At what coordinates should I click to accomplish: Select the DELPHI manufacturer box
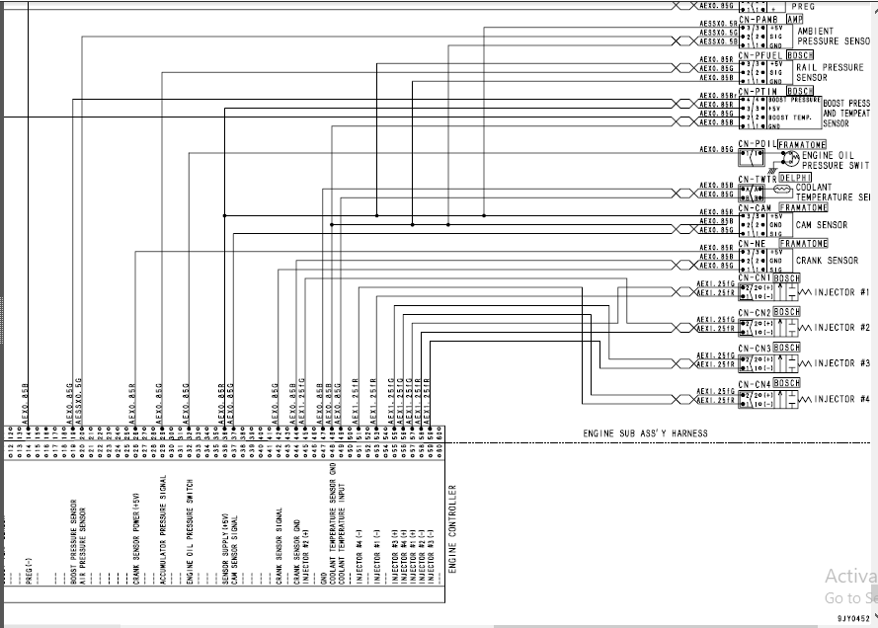click(x=794, y=178)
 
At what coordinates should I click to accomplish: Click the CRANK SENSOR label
click(x=827, y=261)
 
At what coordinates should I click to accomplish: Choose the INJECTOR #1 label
click(x=841, y=292)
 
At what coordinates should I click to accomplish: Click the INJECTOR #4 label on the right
click(x=841, y=399)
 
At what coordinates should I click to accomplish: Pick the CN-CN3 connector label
click(x=755, y=349)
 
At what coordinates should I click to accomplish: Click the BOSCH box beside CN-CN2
click(x=787, y=312)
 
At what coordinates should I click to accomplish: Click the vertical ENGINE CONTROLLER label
click(x=453, y=528)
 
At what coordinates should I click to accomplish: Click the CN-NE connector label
click(x=753, y=243)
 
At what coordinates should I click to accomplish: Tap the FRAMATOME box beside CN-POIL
click(x=802, y=144)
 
